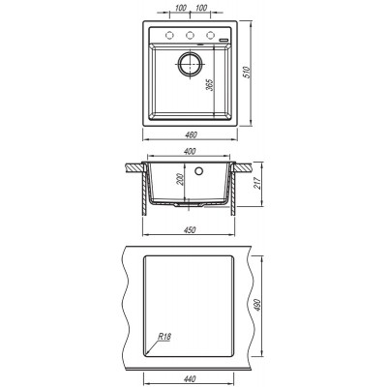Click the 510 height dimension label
248,73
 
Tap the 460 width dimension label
191,135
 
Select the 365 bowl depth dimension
210,85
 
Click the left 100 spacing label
181,8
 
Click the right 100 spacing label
201,8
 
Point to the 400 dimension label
191,151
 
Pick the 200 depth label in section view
180,179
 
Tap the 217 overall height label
258,183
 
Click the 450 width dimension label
190,230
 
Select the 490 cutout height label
257,305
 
